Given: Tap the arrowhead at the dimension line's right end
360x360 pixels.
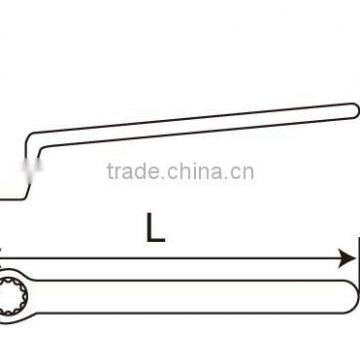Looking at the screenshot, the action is [x=347, y=258].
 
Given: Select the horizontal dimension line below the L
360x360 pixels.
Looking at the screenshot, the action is [x=180, y=258].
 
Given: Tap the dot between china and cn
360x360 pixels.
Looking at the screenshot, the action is [x=234, y=177].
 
